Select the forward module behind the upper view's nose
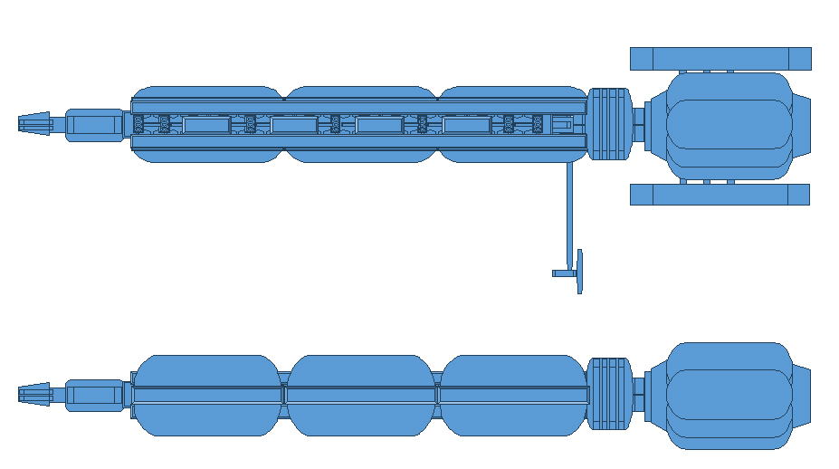tap(94, 125)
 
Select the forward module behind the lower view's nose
tap(94, 395)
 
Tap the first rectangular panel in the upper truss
tap(206, 124)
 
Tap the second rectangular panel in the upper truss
tap(292, 124)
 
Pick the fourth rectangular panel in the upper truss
tap(466, 124)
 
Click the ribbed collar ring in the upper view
tap(609, 123)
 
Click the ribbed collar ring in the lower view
tap(609, 394)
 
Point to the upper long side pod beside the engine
tap(720, 59)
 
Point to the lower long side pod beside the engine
tap(719, 195)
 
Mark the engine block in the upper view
tap(729, 125)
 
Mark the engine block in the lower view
tap(729, 395)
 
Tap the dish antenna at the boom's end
tap(579, 271)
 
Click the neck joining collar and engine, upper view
tap(639, 124)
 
